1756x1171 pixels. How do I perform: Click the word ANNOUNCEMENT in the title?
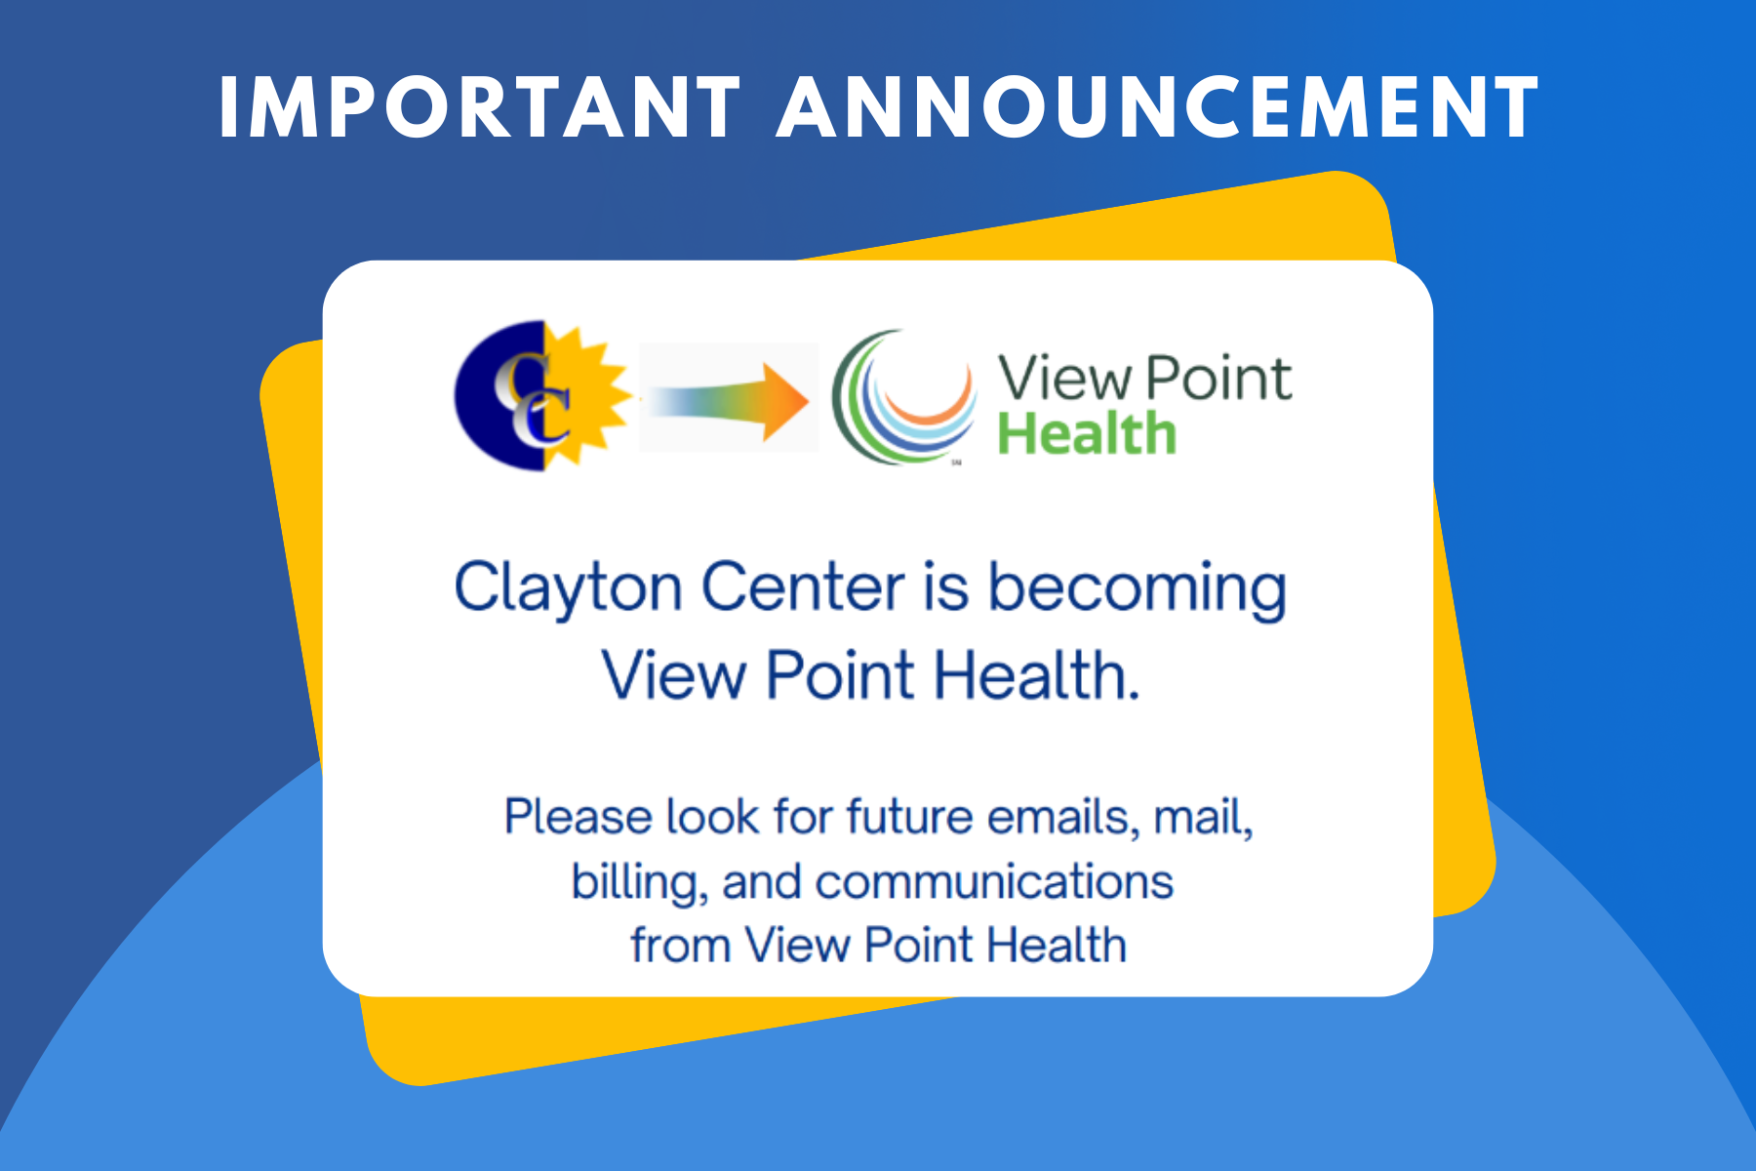click(x=1158, y=107)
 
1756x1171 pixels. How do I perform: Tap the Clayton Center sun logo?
click(x=542, y=395)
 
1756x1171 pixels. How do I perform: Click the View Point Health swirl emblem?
click(x=902, y=397)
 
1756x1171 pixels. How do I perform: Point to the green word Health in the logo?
click(x=1086, y=434)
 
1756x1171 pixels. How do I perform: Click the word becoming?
click(x=1137, y=589)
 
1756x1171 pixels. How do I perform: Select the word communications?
click(x=994, y=881)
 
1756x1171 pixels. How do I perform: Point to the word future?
click(x=909, y=817)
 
